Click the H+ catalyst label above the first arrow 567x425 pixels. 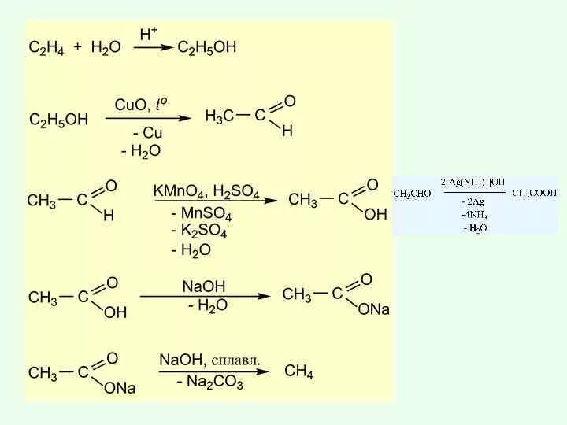pyautogui.click(x=149, y=35)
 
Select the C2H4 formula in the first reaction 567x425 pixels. pyautogui.click(x=46, y=48)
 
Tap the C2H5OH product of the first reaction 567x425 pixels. pyautogui.click(x=206, y=48)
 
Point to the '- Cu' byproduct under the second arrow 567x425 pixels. pyautogui.click(x=147, y=133)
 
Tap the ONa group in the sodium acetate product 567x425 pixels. pyautogui.click(x=373, y=310)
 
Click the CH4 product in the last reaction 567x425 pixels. pyautogui.click(x=298, y=371)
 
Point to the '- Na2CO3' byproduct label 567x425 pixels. pyautogui.click(x=209, y=383)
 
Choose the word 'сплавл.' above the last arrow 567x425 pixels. pyautogui.click(x=235, y=360)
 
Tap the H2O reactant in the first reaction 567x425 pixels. pyautogui.click(x=106, y=48)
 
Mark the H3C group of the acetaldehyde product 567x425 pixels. pyautogui.click(x=219, y=116)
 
